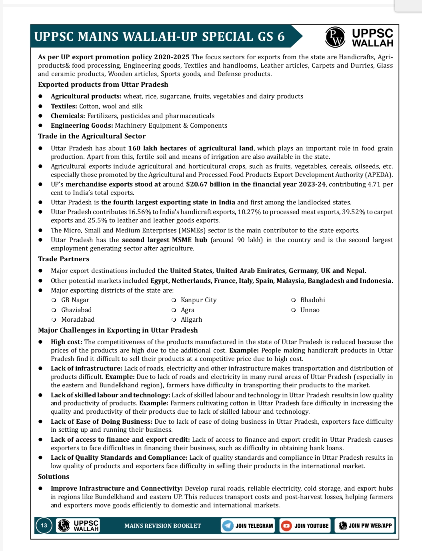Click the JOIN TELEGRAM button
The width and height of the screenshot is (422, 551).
click(248, 526)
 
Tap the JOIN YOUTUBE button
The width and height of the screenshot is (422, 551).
click(305, 526)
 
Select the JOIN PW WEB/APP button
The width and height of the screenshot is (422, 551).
click(365, 526)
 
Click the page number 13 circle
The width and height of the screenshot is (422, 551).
click(44, 525)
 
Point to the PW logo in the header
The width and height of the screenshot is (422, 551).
click(335, 37)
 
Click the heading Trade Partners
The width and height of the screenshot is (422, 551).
click(64, 259)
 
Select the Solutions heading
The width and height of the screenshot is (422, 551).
click(54, 477)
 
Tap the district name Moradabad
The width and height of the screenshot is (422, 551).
click(78, 320)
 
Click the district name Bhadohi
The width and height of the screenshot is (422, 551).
click(313, 300)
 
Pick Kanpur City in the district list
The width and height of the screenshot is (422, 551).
click(198, 300)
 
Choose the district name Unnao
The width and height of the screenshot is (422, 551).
click(310, 310)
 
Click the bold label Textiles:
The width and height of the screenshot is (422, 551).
click(64, 106)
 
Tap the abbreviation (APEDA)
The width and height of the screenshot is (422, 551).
click(378, 175)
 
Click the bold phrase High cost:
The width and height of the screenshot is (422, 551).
click(66, 342)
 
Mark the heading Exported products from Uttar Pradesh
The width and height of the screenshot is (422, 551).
click(103, 84)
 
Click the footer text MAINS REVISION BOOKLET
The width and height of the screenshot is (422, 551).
click(163, 526)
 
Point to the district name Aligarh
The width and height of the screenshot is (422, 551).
click(191, 320)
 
